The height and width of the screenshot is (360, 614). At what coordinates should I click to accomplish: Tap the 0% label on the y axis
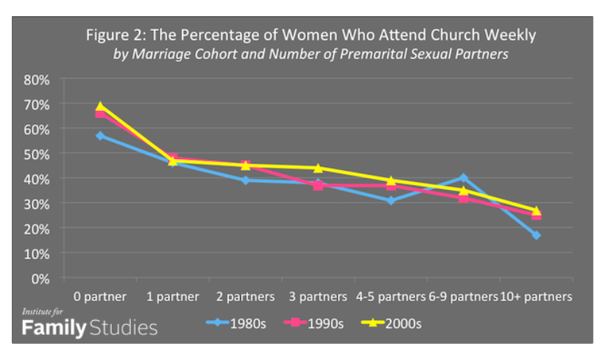[41, 278]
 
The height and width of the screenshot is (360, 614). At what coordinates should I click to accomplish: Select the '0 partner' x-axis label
[100, 297]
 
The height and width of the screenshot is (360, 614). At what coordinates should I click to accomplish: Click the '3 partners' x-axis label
[318, 297]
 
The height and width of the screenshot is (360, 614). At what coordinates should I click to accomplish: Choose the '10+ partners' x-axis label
[536, 297]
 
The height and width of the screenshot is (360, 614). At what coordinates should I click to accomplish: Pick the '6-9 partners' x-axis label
[463, 297]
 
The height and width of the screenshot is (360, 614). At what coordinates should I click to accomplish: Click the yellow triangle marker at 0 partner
[100, 106]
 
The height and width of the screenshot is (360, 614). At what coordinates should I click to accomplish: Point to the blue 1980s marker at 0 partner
[100, 135]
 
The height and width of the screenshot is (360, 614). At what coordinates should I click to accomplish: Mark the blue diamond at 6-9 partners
[463, 177]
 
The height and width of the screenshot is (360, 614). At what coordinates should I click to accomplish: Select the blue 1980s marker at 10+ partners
[536, 235]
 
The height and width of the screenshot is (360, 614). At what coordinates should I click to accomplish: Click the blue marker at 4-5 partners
[391, 200]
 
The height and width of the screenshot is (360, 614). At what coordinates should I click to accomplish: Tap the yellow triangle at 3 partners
[318, 168]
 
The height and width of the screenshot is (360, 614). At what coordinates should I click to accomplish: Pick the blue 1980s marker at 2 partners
[245, 180]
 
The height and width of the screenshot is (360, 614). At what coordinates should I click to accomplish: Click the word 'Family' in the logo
[54, 328]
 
